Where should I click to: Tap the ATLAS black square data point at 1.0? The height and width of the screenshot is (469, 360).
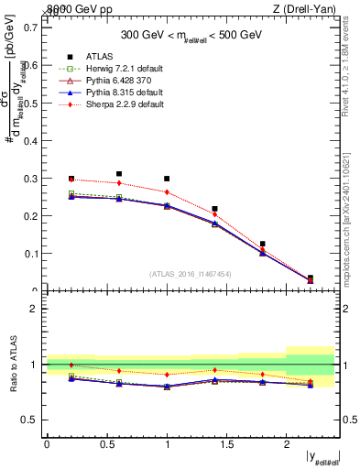[x=167, y=179]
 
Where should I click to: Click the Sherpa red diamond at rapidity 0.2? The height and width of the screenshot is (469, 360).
[x=71, y=180]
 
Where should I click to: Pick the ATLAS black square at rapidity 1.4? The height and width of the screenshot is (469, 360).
[x=214, y=209]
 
